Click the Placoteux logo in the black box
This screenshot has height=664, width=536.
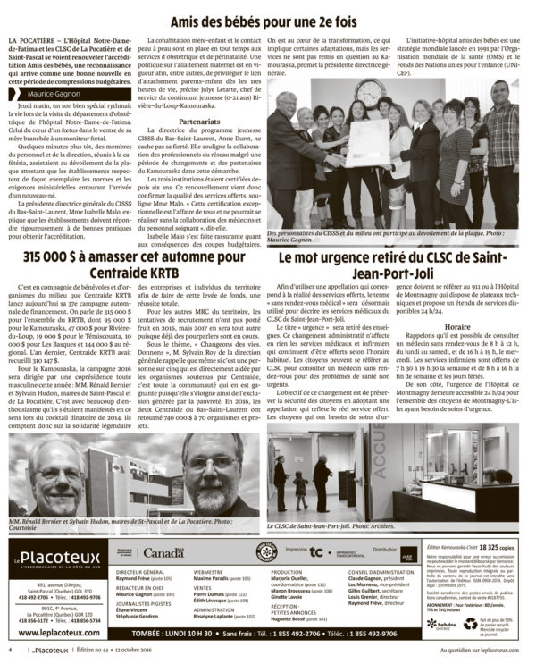point(58,562)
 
